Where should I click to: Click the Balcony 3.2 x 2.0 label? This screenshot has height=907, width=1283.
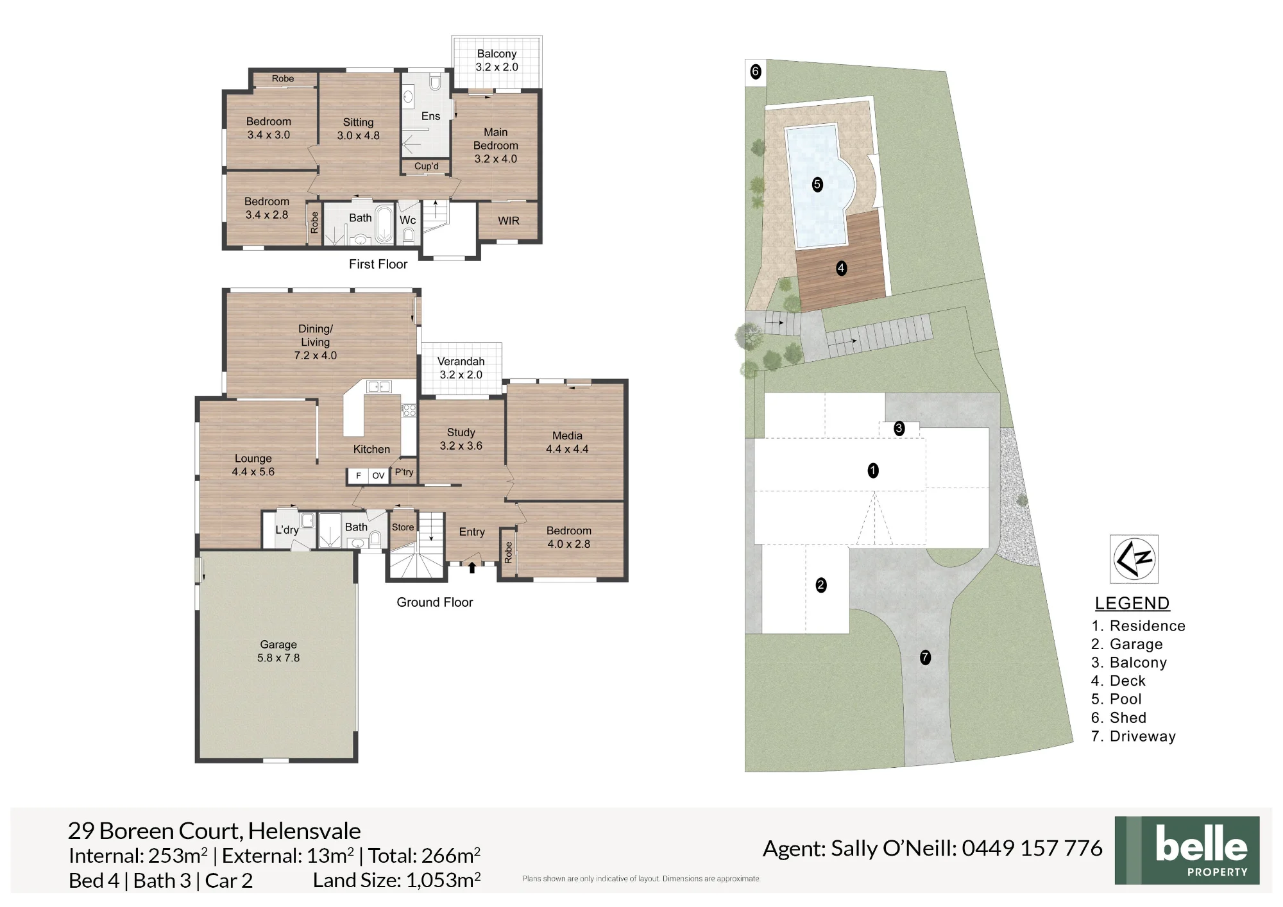[497, 60]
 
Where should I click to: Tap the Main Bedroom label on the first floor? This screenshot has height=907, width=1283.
[496, 145]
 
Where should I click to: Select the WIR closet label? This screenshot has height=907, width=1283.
[509, 221]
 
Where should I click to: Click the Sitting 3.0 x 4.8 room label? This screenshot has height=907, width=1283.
[358, 129]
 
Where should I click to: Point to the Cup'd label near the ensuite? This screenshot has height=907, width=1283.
[427, 166]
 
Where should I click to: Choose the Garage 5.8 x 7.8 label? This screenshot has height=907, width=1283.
[278, 651]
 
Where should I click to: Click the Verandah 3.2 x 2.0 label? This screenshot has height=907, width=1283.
[461, 368]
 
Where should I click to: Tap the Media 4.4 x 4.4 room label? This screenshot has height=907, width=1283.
[567, 443]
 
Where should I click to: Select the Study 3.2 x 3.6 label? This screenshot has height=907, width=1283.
[461, 439]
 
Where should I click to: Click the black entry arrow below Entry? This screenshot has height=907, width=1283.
[472, 567]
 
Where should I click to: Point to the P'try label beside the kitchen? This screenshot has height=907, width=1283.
[404, 472]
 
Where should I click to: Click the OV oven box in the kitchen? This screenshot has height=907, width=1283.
[378, 475]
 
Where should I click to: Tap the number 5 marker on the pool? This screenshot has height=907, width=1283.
[817, 185]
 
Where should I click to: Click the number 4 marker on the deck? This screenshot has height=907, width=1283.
[842, 268]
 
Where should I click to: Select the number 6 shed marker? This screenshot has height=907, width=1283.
[756, 71]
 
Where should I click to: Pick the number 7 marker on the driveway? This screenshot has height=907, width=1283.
[925, 657]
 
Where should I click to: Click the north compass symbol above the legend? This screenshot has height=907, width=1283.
[1134, 559]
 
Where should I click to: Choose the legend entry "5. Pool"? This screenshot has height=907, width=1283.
[1117, 699]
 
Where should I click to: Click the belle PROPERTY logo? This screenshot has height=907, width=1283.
[1187, 851]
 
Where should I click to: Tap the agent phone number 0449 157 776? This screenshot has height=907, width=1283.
[1032, 848]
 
